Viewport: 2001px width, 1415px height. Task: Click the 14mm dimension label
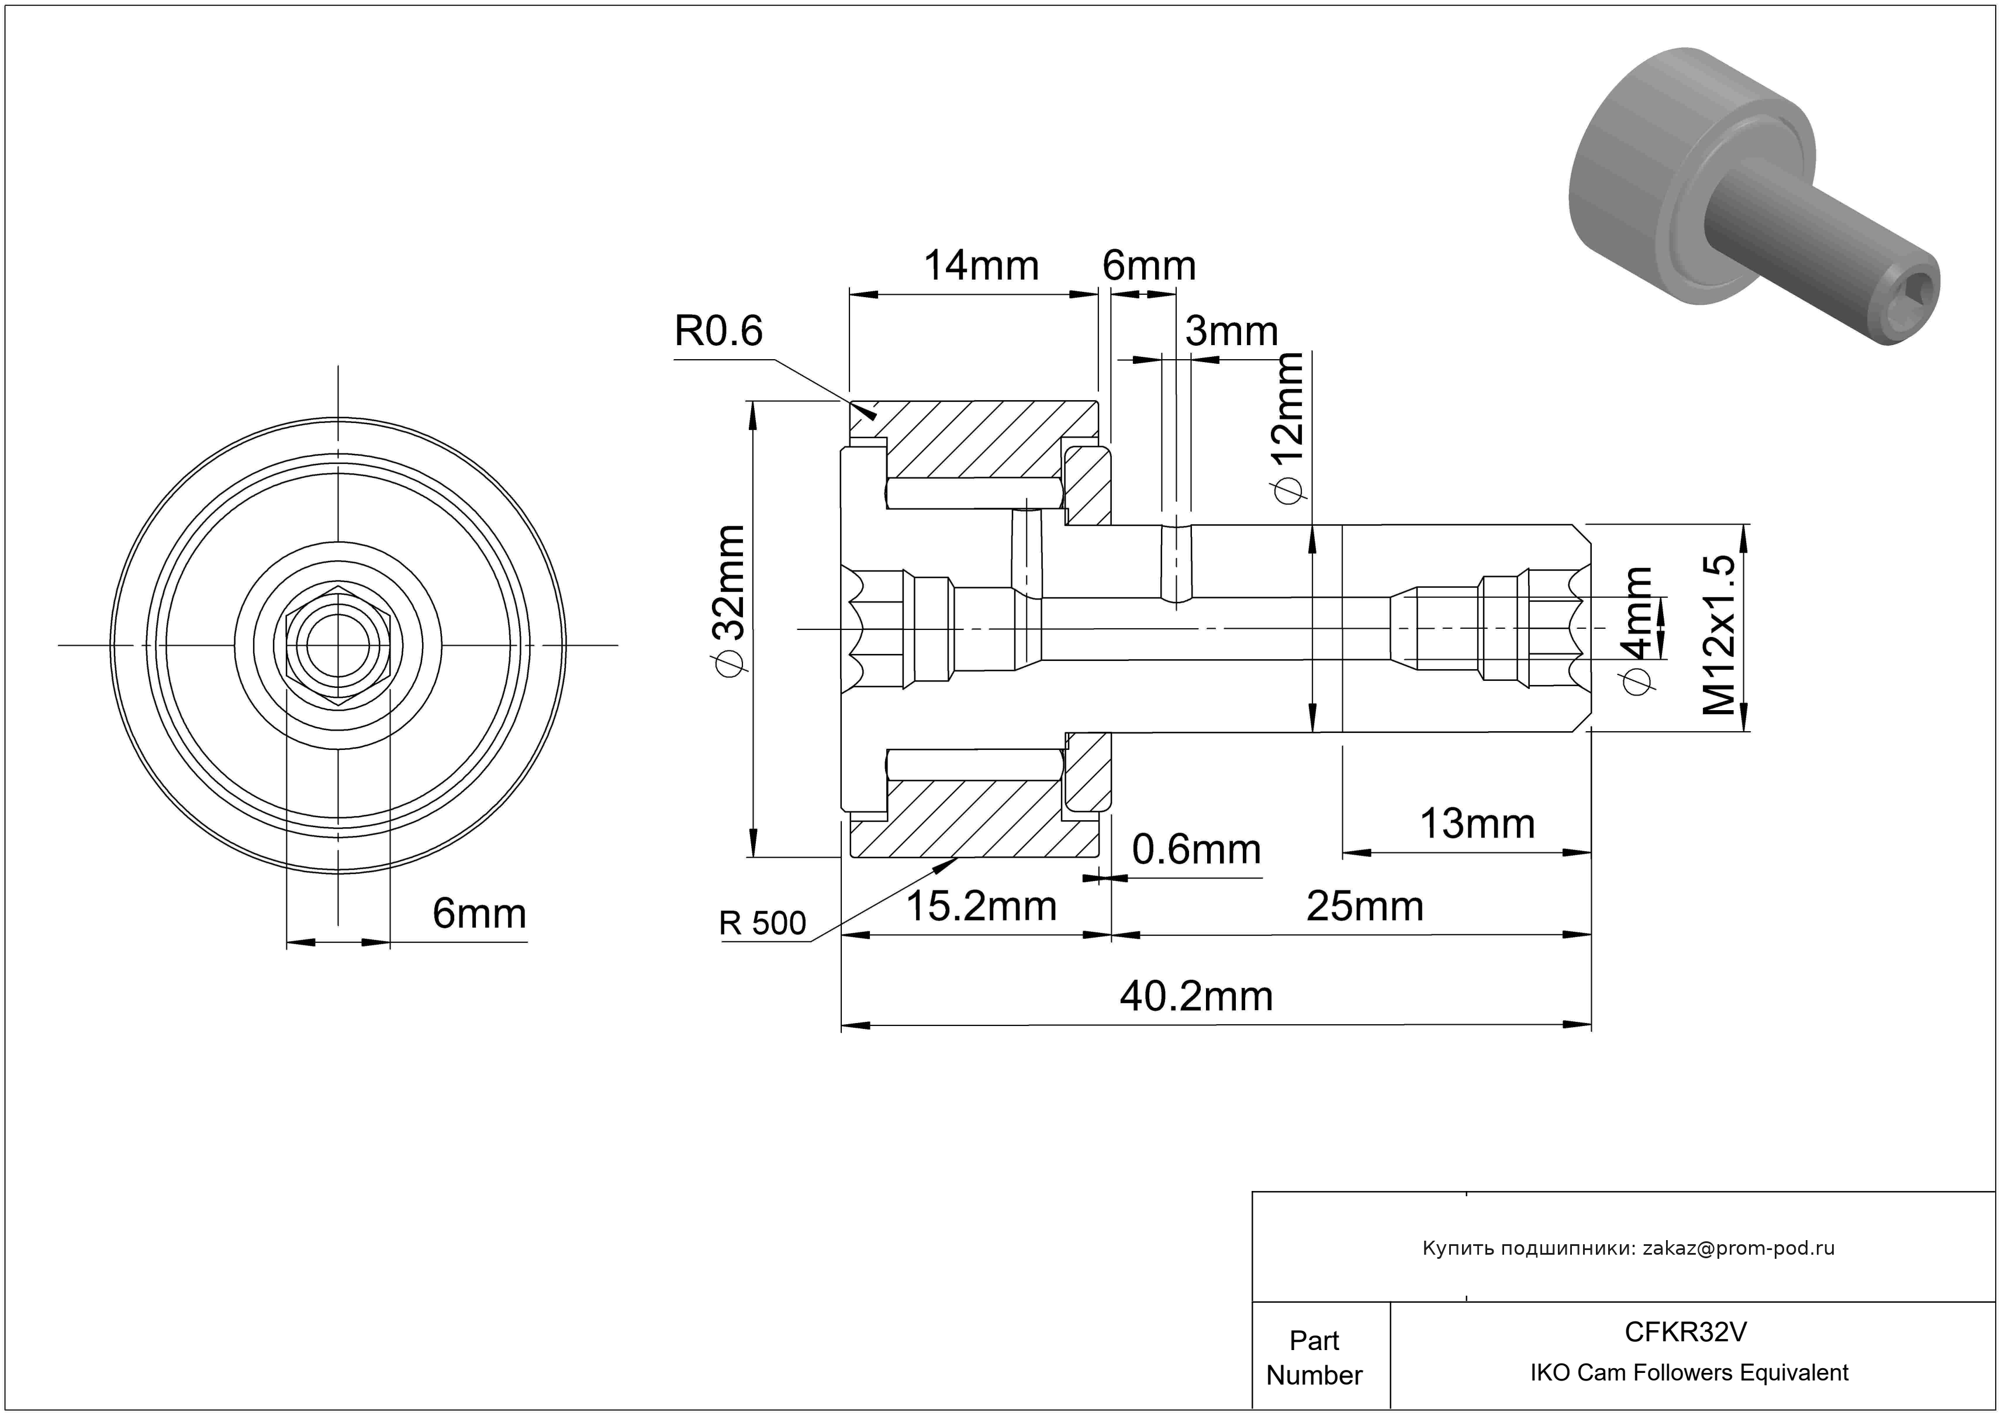pyautogui.click(x=980, y=266)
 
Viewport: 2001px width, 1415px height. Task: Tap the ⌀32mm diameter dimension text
pyautogui.click(x=728, y=601)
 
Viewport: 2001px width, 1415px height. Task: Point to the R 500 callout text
pyautogui.click(x=762, y=923)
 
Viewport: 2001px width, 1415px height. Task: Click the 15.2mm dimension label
pyautogui.click(x=982, y=907)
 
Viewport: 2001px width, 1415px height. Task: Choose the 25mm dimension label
pyautogui.click(x=1365, y=907)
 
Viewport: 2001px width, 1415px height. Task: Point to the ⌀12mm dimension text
pyautogui.click(x=1288, y=427)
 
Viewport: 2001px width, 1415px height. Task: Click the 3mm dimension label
pyautogui.click(x=1232, y=331)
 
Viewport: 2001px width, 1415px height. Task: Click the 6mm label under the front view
pyautogui.click(x=479, y=914)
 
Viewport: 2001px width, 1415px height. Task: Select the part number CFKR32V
pyautogui.click(x=1685, y=1332)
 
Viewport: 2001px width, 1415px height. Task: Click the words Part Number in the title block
pyautogui.click(x=1314, y=1358)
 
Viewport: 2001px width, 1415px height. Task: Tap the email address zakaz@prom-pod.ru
pyautogui.click(x=1738, y=1248)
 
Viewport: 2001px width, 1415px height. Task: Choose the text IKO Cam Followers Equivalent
pyautogui.click(x=1689, y=1373)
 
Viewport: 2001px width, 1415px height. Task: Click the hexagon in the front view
pyautogui.click(x=338, y=645)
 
